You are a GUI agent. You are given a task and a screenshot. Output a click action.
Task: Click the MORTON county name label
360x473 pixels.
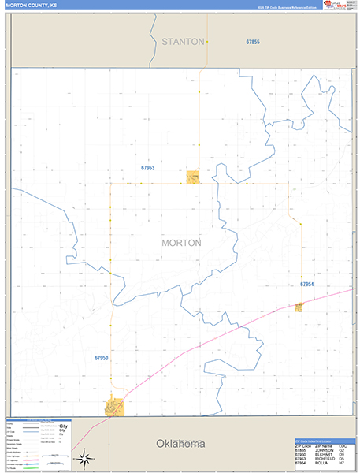coord(180,243)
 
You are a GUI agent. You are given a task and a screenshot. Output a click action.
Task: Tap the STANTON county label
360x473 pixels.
coord(183,41)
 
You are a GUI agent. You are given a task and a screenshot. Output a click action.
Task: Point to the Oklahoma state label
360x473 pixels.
coord(180,444)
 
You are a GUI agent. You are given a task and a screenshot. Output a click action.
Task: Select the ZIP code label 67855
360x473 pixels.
coord(252,41)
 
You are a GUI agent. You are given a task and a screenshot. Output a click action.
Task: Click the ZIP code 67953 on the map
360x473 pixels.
coord(148,168)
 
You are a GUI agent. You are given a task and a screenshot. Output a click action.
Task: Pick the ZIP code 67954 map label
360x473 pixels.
coord(306,284)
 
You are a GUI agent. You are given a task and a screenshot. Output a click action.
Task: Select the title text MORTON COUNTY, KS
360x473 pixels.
coord(30,5)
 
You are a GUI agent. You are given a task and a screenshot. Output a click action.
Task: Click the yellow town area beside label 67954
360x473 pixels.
coord(299,307)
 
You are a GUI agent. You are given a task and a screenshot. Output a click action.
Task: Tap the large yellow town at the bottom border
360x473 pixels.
coord(115,407)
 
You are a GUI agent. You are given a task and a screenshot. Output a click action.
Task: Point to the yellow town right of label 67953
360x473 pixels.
coord(192,177)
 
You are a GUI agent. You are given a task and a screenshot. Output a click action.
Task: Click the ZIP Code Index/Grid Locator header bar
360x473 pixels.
coord(323,441)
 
